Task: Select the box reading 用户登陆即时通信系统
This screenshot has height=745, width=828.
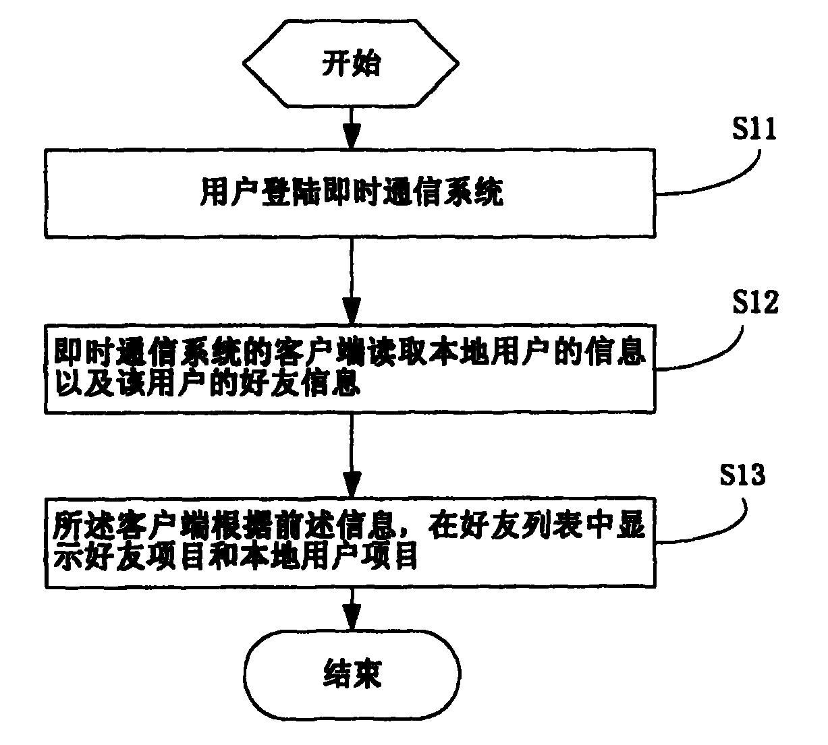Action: tap(350, 193)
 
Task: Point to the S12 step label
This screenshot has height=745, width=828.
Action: tap(754, 303)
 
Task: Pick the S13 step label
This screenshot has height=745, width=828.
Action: tap(742, 476)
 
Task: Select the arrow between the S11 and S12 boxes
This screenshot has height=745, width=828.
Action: tap(351, 280)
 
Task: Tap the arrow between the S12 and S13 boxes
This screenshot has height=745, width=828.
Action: tap(351, 455)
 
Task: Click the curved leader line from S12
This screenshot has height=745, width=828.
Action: tap(715, 353)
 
